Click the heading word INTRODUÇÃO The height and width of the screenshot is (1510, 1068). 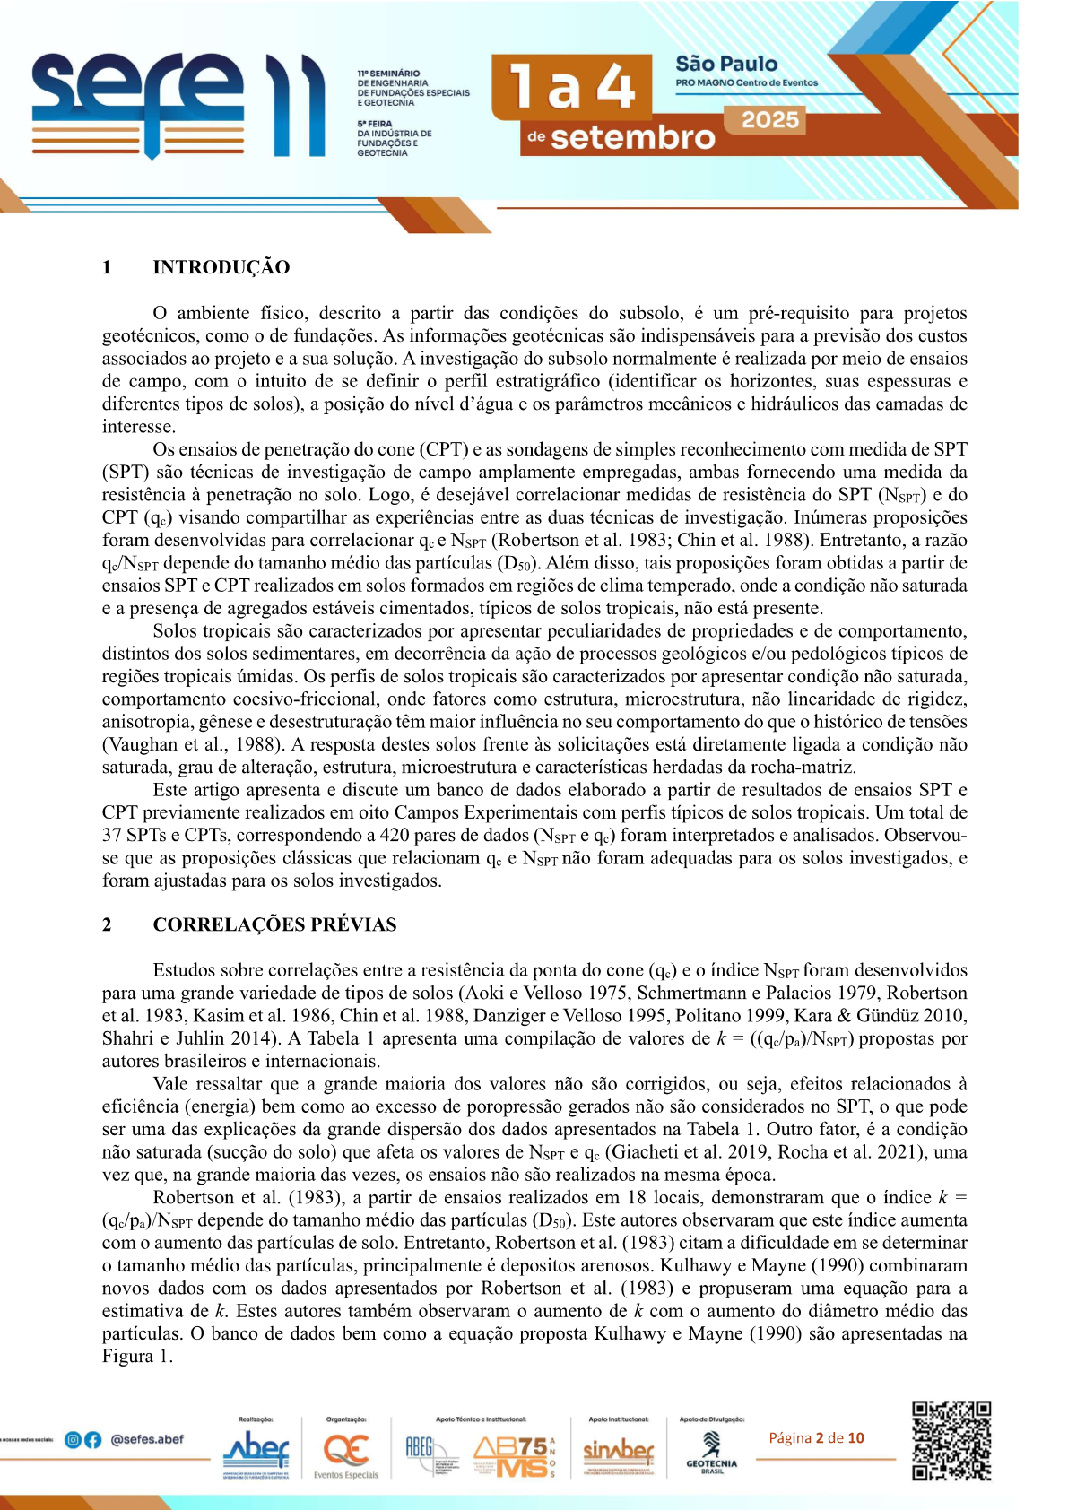[221, 267]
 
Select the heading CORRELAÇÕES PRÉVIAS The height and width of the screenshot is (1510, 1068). [274, 924]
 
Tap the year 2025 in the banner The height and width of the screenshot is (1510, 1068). [770, 120]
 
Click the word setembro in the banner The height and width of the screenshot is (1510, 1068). [632, 137]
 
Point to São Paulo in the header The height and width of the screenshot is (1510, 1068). [726, 64]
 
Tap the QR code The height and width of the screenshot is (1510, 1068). [951, 1440]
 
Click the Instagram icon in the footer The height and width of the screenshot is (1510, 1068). [74, 1440]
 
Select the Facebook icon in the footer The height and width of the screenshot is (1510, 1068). [92, 1440]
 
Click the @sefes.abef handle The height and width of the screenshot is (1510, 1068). [147, 1440]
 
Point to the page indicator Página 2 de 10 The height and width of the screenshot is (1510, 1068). [816, 1438]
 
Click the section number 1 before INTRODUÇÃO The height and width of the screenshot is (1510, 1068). [107, 267]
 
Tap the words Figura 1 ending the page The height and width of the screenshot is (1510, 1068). [136, 1356]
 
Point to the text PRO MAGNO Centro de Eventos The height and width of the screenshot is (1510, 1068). [746, 83]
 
